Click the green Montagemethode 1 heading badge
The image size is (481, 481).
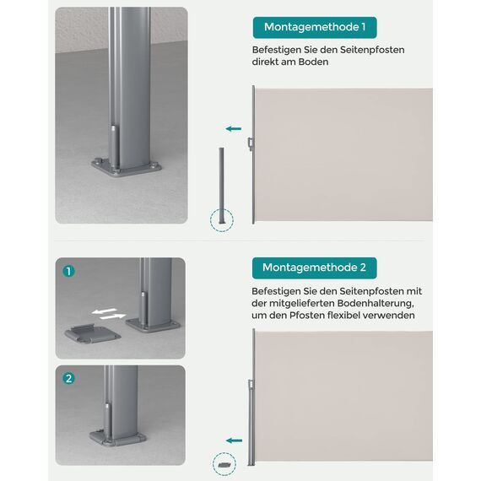(x=314, y=28)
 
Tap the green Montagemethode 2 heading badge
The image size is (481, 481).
(x=314, y=268)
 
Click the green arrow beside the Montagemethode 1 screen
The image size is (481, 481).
(x=233, y=128)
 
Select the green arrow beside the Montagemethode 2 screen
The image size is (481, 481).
(x=233, y=440)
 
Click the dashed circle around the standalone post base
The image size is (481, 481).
(x=222, y=221)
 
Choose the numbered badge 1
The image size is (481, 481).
(x=69, y=272)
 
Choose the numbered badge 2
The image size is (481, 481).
(x=69, y=378)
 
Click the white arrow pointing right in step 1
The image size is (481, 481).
(x=113, y=317)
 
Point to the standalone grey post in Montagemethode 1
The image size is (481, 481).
(x=222, y=182)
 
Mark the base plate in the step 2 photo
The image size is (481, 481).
(x=118, y=438)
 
